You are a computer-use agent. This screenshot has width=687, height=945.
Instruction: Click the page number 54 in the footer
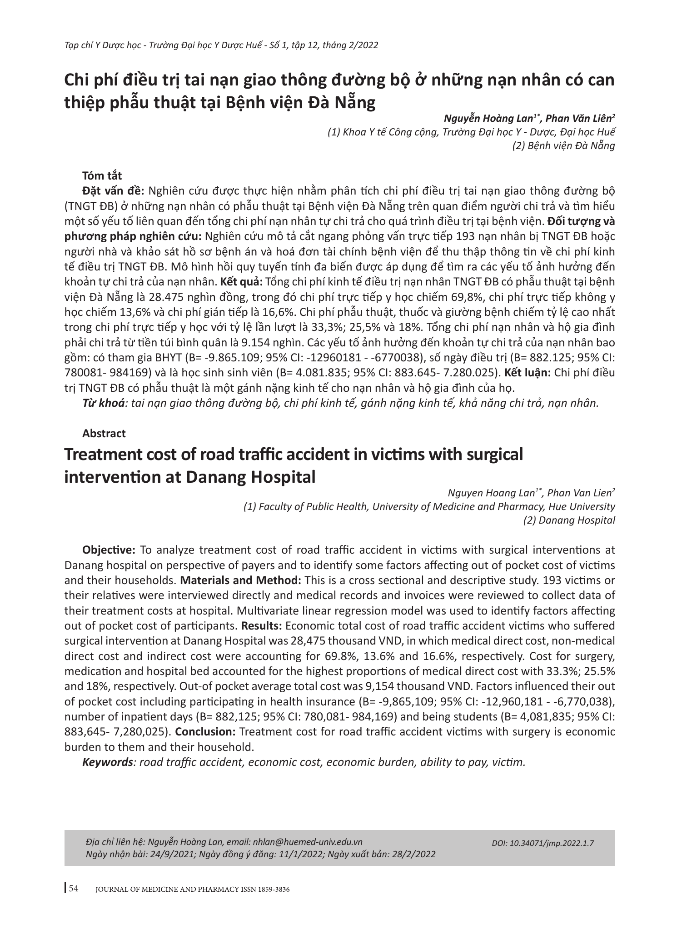pos(74,889)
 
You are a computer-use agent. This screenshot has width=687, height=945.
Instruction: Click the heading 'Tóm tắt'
pos(102,175)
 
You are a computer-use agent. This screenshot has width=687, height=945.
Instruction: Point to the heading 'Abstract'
pos(104,433)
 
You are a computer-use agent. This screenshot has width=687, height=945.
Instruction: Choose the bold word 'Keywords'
pos(107,762)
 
